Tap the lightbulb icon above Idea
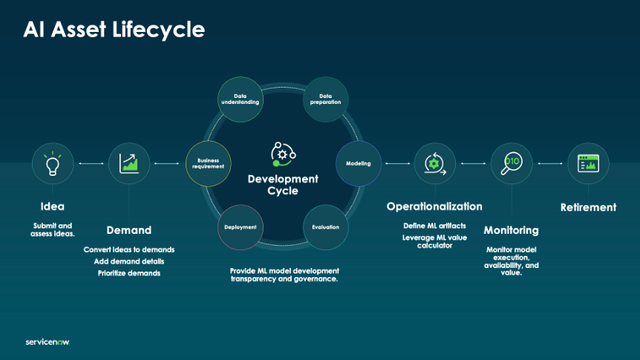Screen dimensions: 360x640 [49, 162]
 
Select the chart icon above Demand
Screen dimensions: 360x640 [128, 162]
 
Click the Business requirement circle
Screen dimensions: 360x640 [208, 162]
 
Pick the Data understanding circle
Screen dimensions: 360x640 [241, 98]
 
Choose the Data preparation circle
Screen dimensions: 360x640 [324, 98]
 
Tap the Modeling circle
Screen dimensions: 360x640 [358, 162]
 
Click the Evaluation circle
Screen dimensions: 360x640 [324, 227]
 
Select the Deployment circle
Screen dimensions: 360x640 [241, 227]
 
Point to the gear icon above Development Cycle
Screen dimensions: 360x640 [282, 153]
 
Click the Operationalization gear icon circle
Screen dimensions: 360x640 [434, 162]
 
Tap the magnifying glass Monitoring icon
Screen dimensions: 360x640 [511, 162]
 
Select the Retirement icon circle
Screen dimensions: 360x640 [588, 162]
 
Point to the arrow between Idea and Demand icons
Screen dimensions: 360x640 [88, 162]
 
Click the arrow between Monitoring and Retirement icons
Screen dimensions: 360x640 [550, 162]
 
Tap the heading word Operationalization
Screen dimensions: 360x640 [434, 206]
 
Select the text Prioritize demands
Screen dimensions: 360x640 [128, 273]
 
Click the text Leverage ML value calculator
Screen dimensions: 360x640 [434, 243]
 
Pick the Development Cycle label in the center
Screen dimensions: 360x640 [282, 185]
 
